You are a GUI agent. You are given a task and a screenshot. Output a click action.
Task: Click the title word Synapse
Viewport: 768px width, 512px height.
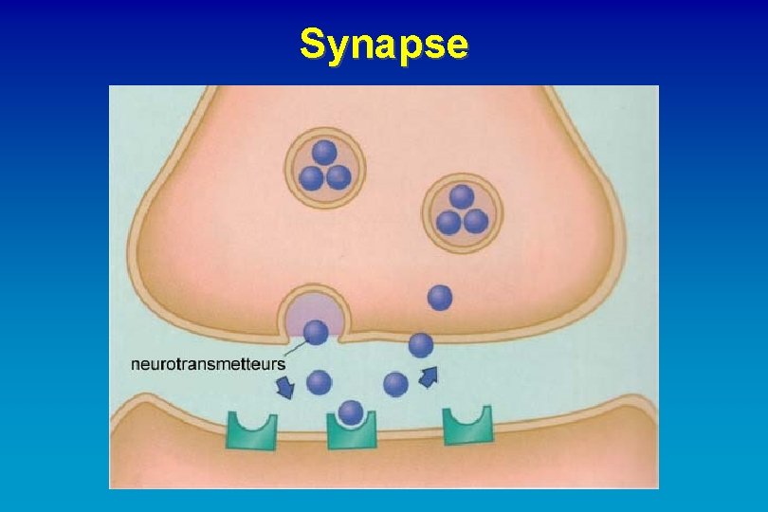click(384, 44)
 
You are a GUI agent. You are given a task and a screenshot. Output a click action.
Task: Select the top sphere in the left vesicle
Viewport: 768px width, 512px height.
click(325, 153)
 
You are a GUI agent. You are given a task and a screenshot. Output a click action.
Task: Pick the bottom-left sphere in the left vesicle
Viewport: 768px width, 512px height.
click(312, 177)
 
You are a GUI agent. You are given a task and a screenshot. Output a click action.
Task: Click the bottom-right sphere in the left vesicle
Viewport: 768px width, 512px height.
click(338, 177)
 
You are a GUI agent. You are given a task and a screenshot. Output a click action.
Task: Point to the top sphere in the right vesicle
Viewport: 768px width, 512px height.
click(462, 197)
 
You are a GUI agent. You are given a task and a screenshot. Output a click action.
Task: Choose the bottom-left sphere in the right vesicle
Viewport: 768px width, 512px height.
click(448, 223)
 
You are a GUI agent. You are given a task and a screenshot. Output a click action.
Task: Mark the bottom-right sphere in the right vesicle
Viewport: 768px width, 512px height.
click(475, 223)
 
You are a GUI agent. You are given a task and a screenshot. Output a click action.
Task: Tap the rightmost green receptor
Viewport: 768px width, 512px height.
click(468, 427)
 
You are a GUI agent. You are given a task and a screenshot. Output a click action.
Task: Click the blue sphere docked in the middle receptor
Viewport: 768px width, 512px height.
click(351, 411)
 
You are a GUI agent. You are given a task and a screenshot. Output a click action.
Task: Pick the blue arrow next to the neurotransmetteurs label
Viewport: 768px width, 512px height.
click(283, 386)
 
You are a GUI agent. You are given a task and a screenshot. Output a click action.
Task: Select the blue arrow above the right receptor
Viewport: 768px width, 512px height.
click(430, 376)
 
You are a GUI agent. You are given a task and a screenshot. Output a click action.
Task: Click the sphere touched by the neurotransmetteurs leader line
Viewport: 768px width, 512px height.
click(316, 333)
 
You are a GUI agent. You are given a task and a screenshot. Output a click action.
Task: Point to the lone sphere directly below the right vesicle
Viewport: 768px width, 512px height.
click(440, 297)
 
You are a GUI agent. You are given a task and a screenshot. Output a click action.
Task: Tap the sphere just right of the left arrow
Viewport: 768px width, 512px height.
click(320, 382)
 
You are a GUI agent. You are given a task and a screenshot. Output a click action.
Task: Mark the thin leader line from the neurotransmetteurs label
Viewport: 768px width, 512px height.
click(296, 347)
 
